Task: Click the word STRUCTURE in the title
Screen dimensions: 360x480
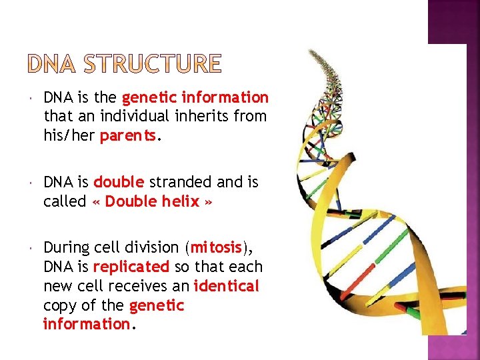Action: click(157, 65)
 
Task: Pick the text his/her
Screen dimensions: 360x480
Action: click(69, 135)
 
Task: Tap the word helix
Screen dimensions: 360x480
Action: click(180, 201)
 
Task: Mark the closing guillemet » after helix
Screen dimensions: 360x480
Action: click(209, 202)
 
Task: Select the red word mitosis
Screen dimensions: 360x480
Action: click(216, 247)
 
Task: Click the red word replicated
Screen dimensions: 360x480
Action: click(131, 267)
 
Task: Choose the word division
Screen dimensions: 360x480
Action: click(157, 247)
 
